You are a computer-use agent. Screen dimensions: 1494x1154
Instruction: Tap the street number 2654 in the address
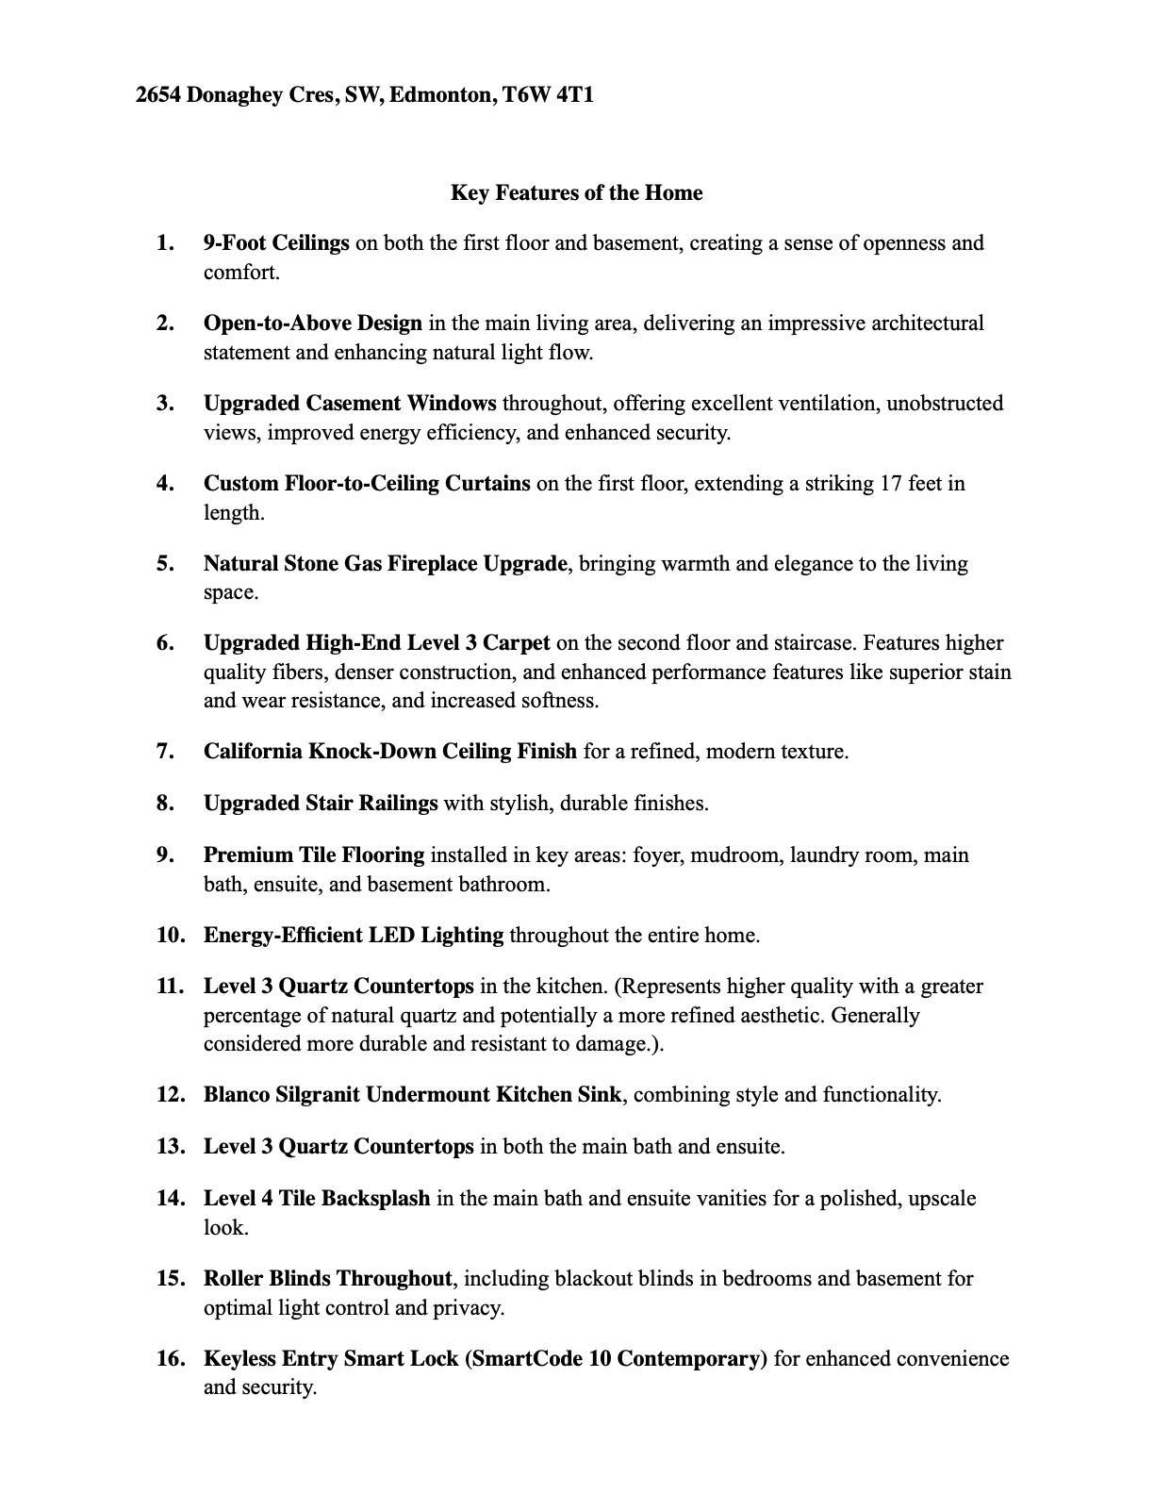point(158,95)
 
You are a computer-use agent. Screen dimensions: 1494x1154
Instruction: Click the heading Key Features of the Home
point(576,193)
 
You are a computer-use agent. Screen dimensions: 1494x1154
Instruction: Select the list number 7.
point(166,752)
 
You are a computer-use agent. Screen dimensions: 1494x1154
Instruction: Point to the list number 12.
point(170,1095)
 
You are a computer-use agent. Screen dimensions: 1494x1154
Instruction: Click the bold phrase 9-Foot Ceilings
point(276,243)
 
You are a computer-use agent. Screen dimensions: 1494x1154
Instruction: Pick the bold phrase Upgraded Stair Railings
point(321,804)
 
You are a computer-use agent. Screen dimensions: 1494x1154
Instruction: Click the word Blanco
point(237,1095)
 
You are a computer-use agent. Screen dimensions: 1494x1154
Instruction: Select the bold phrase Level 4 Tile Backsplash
point(317,1199)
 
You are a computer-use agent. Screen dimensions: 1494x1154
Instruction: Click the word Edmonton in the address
point(441,95)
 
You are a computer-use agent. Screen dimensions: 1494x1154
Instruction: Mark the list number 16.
point(170,1359)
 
